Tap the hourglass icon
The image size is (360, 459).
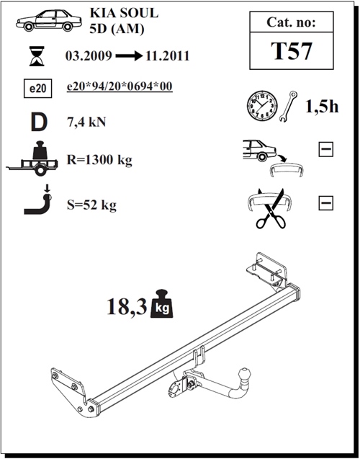(x=35, y=55)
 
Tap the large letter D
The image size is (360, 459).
(x=38, y=122)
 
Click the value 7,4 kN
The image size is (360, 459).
(x=86, y=122)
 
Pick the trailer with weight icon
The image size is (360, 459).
(x=36, y=160)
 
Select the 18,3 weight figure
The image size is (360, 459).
(x=127, y=307)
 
